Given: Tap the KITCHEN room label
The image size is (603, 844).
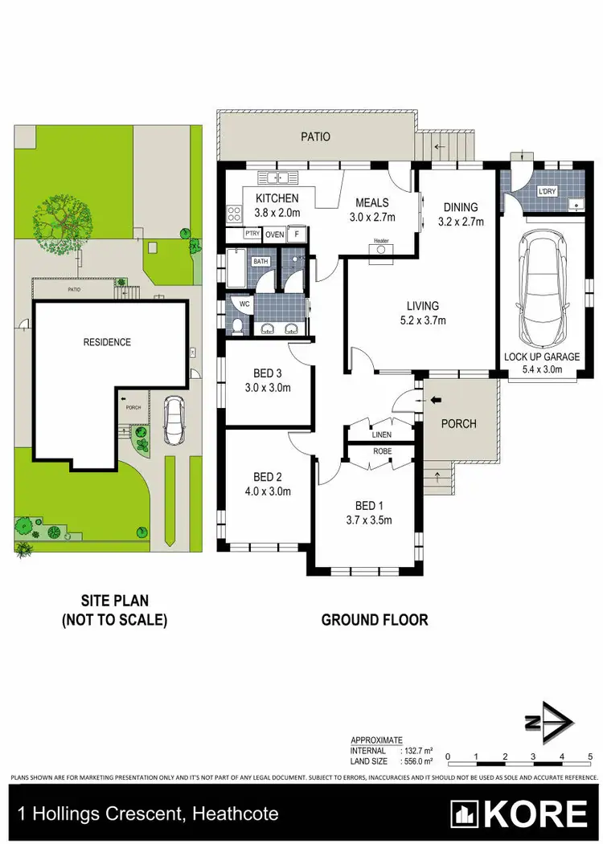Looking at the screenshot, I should (x=277, y=198).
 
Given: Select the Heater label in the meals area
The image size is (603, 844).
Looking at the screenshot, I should (x=380, y=240).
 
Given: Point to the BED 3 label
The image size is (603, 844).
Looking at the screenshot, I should (x=267, y=373).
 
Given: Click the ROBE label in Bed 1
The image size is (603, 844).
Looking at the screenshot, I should (x=381, y=451).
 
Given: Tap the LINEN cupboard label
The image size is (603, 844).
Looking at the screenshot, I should (x=382, y=434).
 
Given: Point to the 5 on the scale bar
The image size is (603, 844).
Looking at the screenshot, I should (x=590, y=756).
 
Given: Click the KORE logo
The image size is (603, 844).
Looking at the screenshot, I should (x=519, y=814).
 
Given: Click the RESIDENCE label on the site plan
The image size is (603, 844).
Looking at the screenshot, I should (x=107, y=342).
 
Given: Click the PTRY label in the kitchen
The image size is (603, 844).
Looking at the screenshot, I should (x=252, y=234).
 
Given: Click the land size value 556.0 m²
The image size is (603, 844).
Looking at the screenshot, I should (x=417, y=760).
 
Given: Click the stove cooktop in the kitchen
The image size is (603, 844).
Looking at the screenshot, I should (x=235, y=214).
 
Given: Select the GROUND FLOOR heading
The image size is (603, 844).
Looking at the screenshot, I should (x=375, y=619).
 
